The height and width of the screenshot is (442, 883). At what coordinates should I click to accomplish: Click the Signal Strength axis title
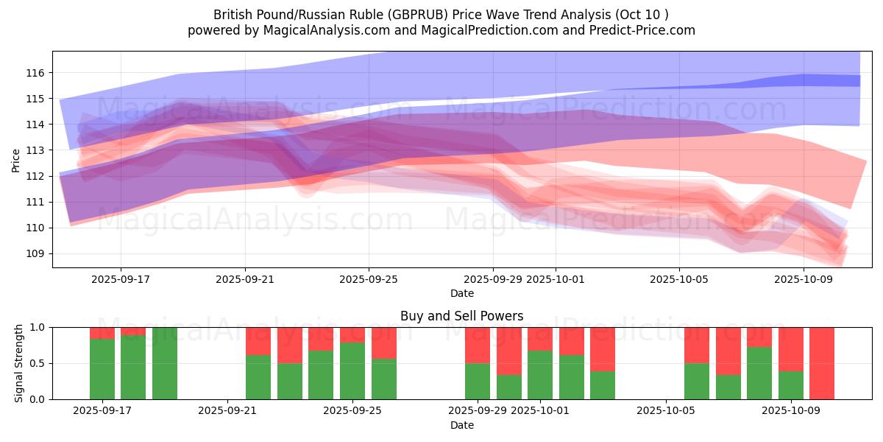19,363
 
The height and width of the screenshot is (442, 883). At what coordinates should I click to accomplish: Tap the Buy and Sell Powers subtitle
461,316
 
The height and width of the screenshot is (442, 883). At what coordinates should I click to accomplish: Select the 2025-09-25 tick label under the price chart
369,279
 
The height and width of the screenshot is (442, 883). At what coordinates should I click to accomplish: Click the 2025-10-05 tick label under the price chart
678,279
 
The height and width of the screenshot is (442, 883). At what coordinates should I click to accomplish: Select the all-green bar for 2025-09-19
165,363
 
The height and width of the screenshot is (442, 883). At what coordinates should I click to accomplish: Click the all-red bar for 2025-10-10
822,363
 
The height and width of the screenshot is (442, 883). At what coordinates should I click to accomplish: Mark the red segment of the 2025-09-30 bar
509,351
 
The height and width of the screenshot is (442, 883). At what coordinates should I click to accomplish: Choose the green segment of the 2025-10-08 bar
759,373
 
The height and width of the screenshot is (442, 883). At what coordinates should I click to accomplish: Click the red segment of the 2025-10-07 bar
728,351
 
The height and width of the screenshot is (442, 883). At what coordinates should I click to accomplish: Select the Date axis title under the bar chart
461,425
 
